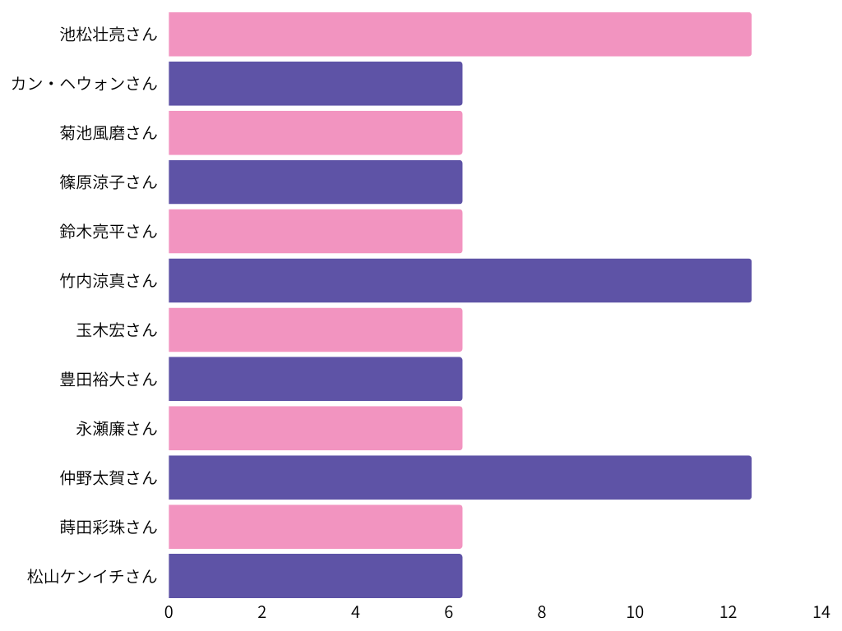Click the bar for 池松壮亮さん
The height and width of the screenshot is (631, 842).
click(460, 35)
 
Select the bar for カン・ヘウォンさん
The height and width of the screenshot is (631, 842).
click(315, 84)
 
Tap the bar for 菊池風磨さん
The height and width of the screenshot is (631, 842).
click(315, 133)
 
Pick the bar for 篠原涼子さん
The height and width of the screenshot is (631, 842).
click(315, 182)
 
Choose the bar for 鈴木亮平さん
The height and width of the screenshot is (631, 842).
click(315, 232)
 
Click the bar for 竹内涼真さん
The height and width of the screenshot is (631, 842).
click(460, 281)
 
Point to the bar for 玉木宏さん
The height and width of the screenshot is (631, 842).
click(315, 329)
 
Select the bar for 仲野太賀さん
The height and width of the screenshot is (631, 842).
click(460, 477)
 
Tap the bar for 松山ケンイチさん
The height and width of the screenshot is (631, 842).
click(315, 576)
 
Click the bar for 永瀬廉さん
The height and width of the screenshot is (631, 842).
click(315, 428)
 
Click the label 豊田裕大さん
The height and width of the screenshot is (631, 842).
click(108, 380)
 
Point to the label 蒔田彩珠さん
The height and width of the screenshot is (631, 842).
click(108, 527)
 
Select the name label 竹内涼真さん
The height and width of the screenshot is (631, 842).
click(108, 281)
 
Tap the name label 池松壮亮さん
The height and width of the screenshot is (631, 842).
click(108, 35)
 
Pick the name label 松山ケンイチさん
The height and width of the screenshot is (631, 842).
click(91, 576)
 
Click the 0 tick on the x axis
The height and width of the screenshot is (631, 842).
click(169, 612)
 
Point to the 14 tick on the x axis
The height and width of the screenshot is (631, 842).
click(821, 612)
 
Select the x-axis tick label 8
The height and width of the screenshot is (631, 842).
click(542, 612)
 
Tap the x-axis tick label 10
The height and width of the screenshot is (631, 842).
click(635, 612)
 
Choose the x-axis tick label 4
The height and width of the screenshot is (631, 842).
click(355, 612)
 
